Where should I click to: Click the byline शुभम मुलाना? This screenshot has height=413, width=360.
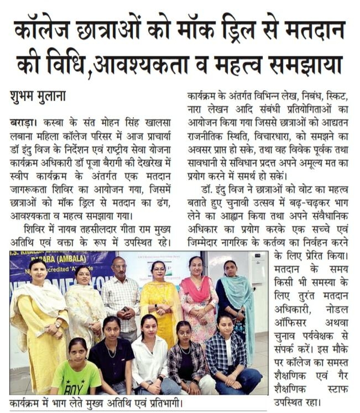39,95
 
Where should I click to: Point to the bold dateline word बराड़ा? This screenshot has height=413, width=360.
20,122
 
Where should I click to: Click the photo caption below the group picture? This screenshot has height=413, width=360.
93,402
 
